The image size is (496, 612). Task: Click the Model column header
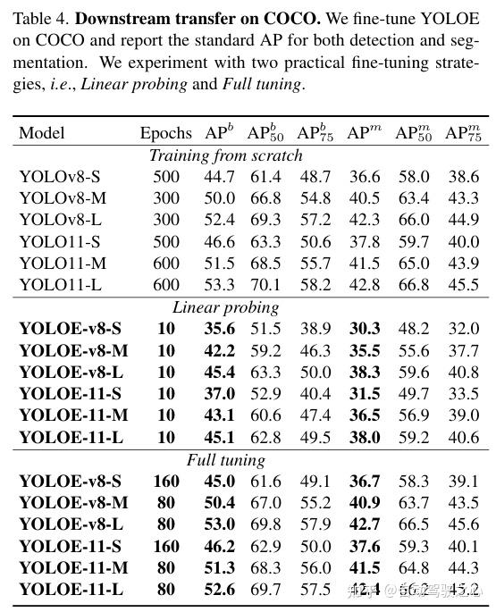tap(42, 133)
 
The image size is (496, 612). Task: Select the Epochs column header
tap(165, 133)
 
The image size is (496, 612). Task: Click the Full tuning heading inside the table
tap(226, 460)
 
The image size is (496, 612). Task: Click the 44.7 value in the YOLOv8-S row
tap(220, 176)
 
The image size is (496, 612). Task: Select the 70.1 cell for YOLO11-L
tap(265, 284)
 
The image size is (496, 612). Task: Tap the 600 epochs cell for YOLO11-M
tap(165, 263)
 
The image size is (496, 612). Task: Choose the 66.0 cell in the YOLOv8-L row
tap(413, 219)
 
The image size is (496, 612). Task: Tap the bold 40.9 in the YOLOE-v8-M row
tap(363, 503)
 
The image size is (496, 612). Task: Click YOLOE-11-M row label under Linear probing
tap(74, 415)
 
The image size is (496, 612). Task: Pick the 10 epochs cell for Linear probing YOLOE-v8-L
tap(165, 372)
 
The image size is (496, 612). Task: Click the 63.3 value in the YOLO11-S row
tap(265, 241)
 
